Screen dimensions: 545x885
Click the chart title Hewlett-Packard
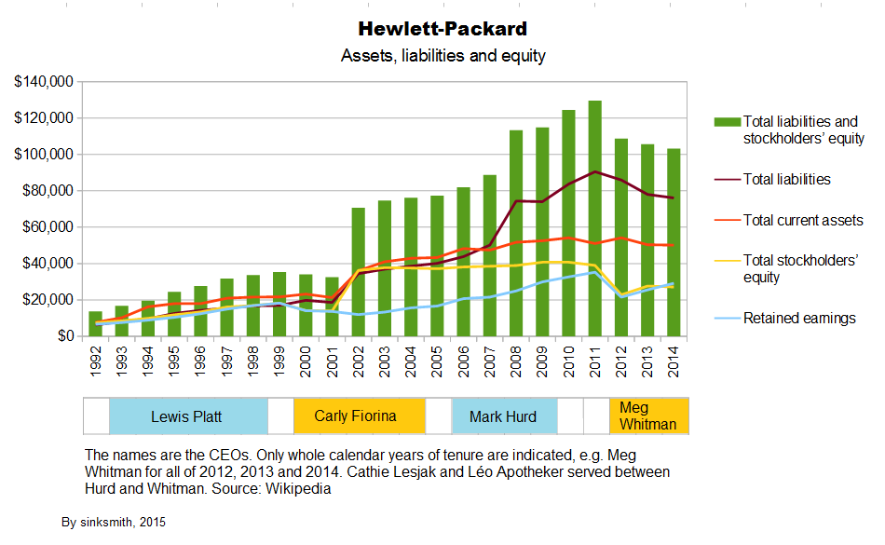(x=442, y=29)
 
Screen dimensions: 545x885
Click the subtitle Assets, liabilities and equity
(x=442, y=56)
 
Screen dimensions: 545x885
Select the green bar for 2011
(x=594, y=218)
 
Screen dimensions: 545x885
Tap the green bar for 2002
(x=357, y=271)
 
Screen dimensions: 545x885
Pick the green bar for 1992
(x=95, y=323)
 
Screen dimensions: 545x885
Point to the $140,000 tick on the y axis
(x=44, y=82)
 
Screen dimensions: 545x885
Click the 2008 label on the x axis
(x=515, y=360)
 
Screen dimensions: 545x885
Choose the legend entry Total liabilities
(x=786, y=179)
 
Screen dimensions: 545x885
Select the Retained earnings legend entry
(x=798, y=319)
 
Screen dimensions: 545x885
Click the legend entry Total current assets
(x=802, y=221)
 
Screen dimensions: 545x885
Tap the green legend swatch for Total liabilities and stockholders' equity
(x=727, y=122)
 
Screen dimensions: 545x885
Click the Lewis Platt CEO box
(x=187, y=416)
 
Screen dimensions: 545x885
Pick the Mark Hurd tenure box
(x=503, y=416)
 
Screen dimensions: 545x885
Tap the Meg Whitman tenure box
(x=648, y=416)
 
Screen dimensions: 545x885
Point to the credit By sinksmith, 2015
(x=113, y=523)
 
